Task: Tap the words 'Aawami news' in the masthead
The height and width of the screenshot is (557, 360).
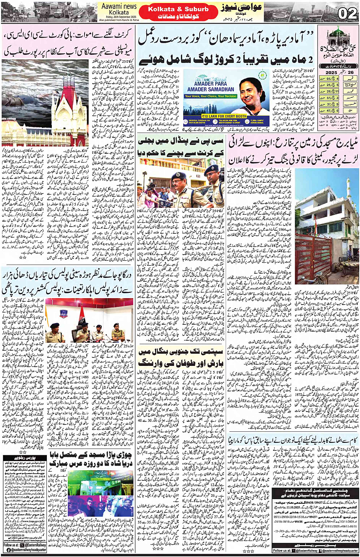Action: click(119, 6)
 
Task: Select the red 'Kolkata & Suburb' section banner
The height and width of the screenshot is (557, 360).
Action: click(178, 9)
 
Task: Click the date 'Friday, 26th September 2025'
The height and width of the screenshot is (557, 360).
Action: click(118, 17)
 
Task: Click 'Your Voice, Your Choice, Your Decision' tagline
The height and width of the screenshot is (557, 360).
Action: click(211, 96)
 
